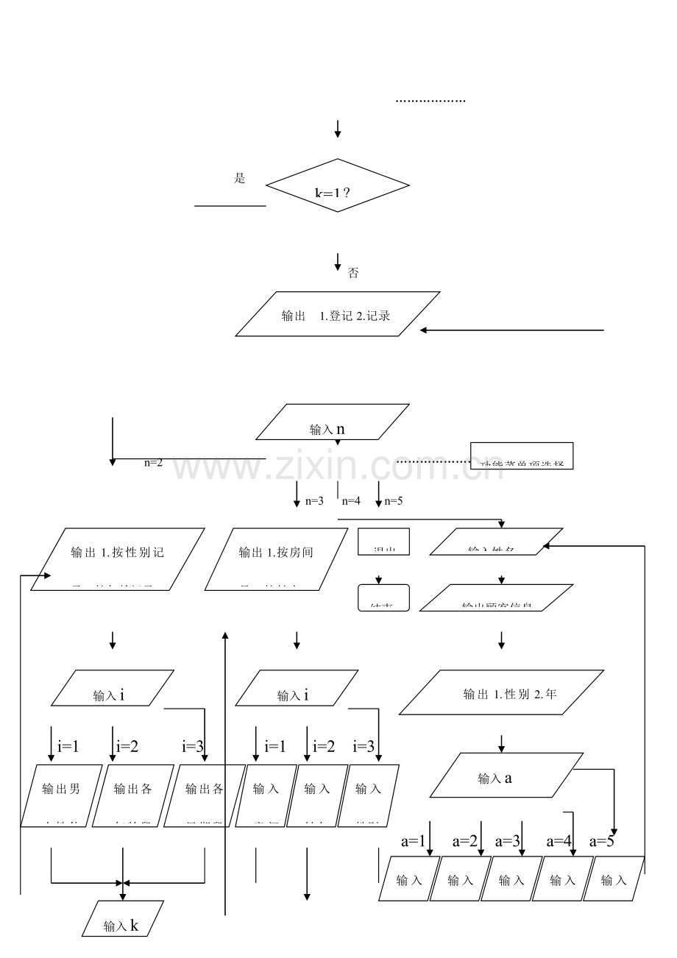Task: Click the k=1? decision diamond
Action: (x=338, y=186)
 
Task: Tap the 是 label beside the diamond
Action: (x=239, y=179)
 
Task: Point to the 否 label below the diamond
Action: (x=353, y=273)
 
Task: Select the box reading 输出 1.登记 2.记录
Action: (x=338, y=314)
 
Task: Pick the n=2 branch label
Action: (x=153, y=463)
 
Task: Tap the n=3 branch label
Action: (x=314, y=501)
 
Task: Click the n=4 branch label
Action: (x=351, y=501)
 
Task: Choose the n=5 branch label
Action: (x=394, y=501)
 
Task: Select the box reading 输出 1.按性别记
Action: (x=117, y=558)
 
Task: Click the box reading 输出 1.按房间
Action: (x=276, y=558)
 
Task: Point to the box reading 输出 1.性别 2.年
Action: (x=501, y=692)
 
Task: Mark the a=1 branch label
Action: (x=413, y=841)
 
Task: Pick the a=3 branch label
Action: (x=508, y=841)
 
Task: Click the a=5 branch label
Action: (x=602, y=841)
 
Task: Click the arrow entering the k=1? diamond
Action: (x=338, y=129)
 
